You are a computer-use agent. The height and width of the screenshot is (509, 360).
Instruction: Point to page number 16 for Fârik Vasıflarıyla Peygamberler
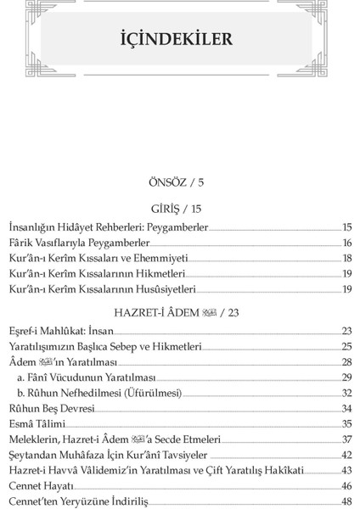click(x=346, y=243)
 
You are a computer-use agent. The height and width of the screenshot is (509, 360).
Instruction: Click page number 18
click(x=346, y=258)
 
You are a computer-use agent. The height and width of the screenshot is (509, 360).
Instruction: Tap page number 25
click(x=346, y=346)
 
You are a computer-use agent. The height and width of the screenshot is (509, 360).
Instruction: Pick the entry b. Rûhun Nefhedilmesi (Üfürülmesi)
click(x=101, y=393)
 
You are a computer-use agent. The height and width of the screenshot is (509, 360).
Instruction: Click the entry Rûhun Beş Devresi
click(x=50, y=408)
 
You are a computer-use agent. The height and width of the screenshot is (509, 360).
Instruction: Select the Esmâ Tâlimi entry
click(x=37, y=423)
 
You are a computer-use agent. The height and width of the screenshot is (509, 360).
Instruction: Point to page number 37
click(x=346, y=439)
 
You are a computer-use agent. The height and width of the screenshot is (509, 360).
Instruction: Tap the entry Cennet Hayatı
click(x=41, y=485)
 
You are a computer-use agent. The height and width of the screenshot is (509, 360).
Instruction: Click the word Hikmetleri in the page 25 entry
click(x=175, y=346)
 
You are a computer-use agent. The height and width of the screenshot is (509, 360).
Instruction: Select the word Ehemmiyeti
click(x=160, y=258)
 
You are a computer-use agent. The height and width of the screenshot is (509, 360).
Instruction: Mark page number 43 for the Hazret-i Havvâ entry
click(x=346, y=470)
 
